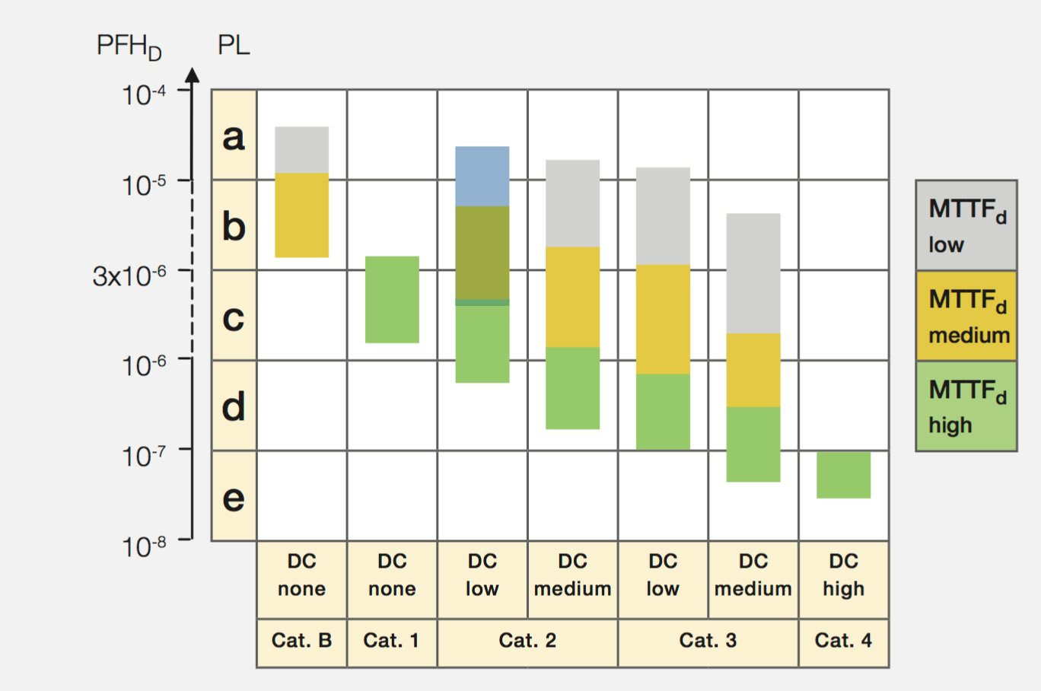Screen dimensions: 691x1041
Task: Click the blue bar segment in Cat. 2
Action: [x=482, y=176]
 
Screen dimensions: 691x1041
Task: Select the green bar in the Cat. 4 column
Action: [x=843, y=475]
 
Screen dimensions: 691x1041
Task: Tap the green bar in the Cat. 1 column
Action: [x=392, y=299]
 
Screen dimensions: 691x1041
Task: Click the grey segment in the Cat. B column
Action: [x=301, y=150]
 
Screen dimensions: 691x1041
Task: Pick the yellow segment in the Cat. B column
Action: [x=301, y=215]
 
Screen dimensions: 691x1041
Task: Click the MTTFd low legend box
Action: [x=966, y=225]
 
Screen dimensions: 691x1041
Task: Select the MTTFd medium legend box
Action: [x=966, y=316]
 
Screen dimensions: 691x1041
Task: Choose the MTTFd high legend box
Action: [x=966, y=406]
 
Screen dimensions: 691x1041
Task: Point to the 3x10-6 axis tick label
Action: [x=129, y=275]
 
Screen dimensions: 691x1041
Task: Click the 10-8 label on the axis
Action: [x=144, y=546]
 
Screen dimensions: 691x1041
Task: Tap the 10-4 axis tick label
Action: [x=144, y=94]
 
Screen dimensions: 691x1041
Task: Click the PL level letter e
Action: [x=234, y=497]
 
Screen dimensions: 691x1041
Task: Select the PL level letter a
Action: [x=234, y=135]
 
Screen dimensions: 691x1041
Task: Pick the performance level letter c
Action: [x=234, y=316]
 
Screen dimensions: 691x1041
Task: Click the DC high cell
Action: [x=843, y=575]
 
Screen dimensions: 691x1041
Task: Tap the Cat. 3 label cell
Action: [x=708, y=641]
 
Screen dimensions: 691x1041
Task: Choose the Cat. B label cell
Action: [x=301, y=641]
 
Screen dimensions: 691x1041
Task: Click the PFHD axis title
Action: [x=129, y=46]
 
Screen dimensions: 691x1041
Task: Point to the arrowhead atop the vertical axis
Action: [x=193, y=75]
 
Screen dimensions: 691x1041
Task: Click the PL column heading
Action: [x=234, y=46]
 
